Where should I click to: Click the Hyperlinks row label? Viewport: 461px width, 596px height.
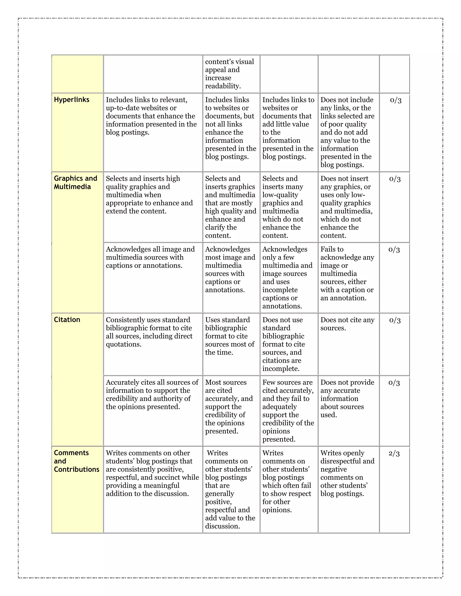pos(72,100)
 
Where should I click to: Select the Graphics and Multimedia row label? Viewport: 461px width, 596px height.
pos(75,183)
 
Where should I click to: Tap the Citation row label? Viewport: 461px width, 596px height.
pos(67,320)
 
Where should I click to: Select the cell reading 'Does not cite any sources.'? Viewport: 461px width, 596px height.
pos(347,324)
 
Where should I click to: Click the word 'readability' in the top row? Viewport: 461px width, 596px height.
pos(223,86)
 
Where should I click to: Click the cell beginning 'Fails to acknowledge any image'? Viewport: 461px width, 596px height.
pos(347,273)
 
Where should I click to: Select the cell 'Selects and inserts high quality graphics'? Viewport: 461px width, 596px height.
pos(149,195)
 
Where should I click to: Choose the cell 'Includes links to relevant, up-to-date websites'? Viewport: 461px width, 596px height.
pos(151,116)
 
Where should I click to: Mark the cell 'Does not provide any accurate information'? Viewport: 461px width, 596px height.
pos(347,399)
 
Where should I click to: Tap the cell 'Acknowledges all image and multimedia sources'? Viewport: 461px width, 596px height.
pos(150,257)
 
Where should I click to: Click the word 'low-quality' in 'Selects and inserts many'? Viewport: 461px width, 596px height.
pos(280,195)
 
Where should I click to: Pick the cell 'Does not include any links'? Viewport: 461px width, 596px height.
pos(347,132)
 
